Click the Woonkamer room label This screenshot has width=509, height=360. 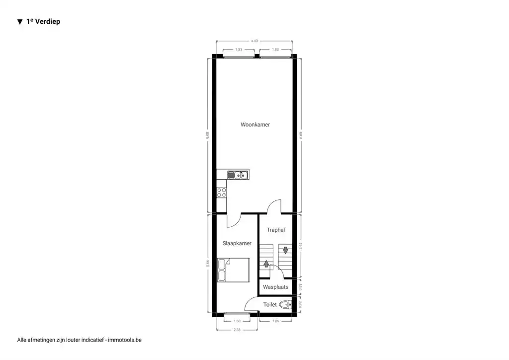click(255, 125)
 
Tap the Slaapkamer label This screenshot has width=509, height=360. click(237, 243)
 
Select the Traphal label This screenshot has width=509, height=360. click(276, 230)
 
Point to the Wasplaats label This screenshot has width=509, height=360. click(275, 287)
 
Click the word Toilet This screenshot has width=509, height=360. click(270, 304)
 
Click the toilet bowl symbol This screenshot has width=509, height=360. click(286, 305)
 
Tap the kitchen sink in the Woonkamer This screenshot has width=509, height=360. click(239, 175)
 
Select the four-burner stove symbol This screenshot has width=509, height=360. click(222, 192)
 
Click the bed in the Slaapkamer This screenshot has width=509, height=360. click(233, 270)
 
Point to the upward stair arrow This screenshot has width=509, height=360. click(266, 264)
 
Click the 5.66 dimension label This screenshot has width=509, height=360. click(208, 264)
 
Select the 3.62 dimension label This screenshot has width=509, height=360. click(301, 245)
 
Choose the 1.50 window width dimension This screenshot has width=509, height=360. click(237, 321)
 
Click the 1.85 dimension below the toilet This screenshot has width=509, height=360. click(275, 321)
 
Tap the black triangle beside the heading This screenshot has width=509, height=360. click(20, 22)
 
